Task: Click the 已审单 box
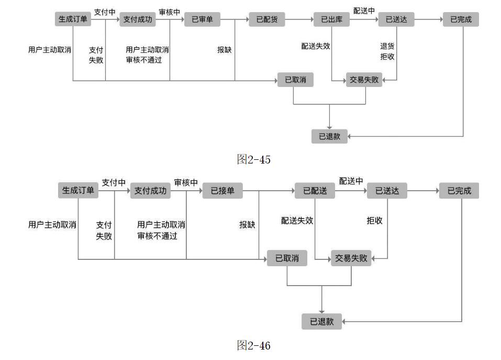tap(202, 20)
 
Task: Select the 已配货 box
tap(267, 20)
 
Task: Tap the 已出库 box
tap(331, 20)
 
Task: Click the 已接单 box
tap(222, 191)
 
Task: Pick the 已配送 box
tap(315, 191)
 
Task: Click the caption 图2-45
tap(254, 160)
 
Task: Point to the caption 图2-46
tap(254, 345)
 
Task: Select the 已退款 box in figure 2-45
tap(329, 136)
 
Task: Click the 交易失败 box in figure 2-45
tap(364, 80)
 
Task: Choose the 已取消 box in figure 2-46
tap(287, 258)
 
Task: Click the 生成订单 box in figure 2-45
tap(73, 20)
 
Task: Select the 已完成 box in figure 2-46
tap(459, 191)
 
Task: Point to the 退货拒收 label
tap(387, 51)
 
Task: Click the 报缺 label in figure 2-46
tap(247, 225)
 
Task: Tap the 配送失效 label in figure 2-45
tap(315, 46)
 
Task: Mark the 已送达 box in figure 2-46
tap(387, 191)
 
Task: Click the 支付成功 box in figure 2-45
tap(138, 20)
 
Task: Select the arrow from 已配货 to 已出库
tap(299, 20)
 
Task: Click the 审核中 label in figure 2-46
tap(186, 183)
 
